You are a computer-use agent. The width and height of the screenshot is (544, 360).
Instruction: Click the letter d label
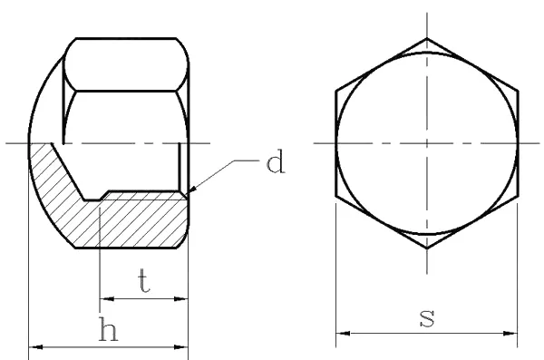(x=276, y=164)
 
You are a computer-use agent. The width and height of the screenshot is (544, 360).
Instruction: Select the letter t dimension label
(x=143, y=281)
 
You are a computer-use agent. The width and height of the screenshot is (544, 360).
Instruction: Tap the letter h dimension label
(x=108, y=332)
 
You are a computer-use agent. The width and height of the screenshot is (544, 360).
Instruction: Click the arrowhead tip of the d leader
(x=191, y=193)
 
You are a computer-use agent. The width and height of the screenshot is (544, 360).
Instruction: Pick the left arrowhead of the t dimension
(x=98, y=297)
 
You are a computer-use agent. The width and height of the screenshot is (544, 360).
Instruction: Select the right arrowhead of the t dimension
(x=189, y=297)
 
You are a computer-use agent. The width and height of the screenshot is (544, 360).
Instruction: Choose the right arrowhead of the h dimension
(x=189, y=345)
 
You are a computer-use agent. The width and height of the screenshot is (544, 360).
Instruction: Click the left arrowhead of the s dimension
(x=336, y=334)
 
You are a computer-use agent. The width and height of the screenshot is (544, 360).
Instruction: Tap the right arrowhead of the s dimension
(x=520, y=334)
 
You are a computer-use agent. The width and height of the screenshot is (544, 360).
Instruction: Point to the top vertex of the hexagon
(x=427, y=38)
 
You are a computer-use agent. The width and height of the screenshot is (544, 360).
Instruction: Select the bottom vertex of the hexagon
(x=427, y=248)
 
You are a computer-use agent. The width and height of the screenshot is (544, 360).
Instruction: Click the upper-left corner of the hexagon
(x=336, y=91)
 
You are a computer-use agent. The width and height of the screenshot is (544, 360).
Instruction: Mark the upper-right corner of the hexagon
(x=519, y=91)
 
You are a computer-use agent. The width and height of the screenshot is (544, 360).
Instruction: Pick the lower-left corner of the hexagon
(x=336, y=196)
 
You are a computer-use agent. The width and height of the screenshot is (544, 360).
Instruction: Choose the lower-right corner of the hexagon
(x=519, y=196)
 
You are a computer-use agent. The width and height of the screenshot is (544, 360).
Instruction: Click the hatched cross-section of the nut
(x=136, y=222)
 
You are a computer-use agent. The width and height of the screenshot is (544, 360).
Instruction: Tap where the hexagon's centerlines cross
(x=427, y=143)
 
